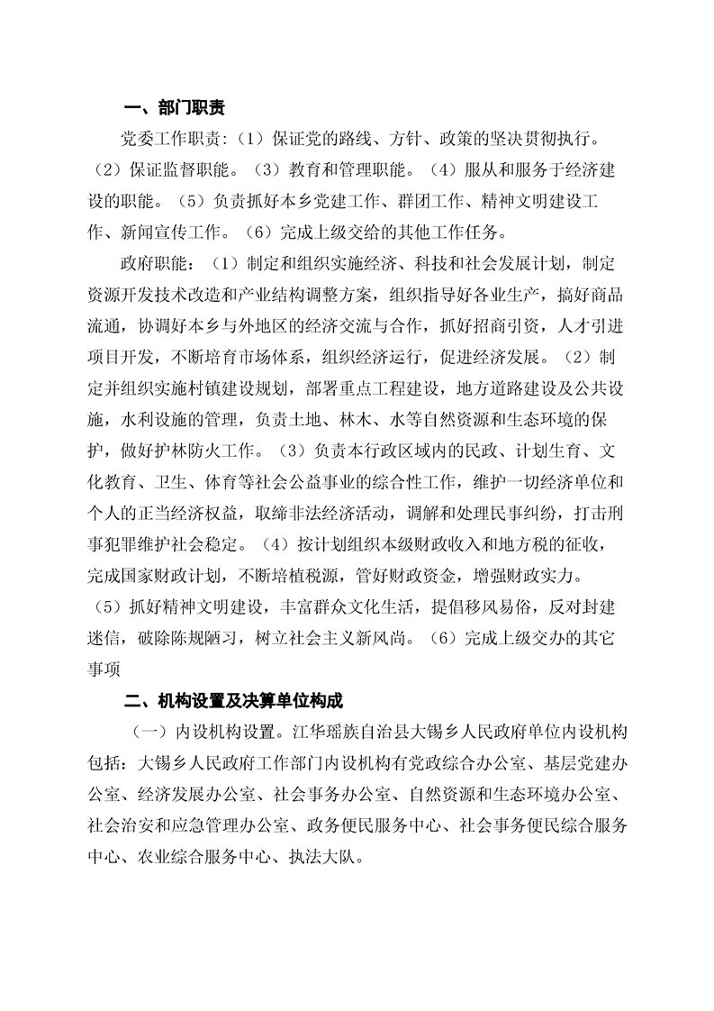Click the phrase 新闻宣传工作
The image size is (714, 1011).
[175, 232]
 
